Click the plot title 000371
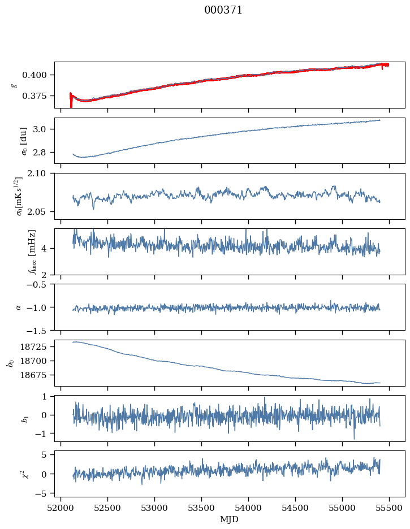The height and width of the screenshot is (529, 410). [x=223, y=10]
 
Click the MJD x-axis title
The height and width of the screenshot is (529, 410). [x=230, y=519]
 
